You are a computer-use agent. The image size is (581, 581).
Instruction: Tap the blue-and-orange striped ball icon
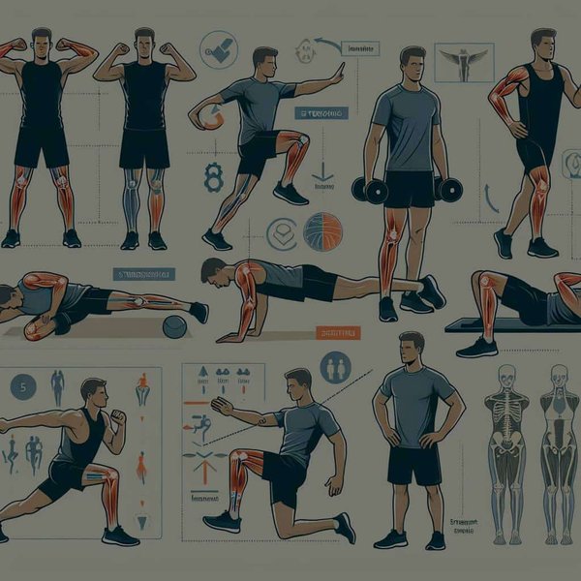click(321, 232)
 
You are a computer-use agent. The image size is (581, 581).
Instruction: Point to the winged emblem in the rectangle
click(458, 60)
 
